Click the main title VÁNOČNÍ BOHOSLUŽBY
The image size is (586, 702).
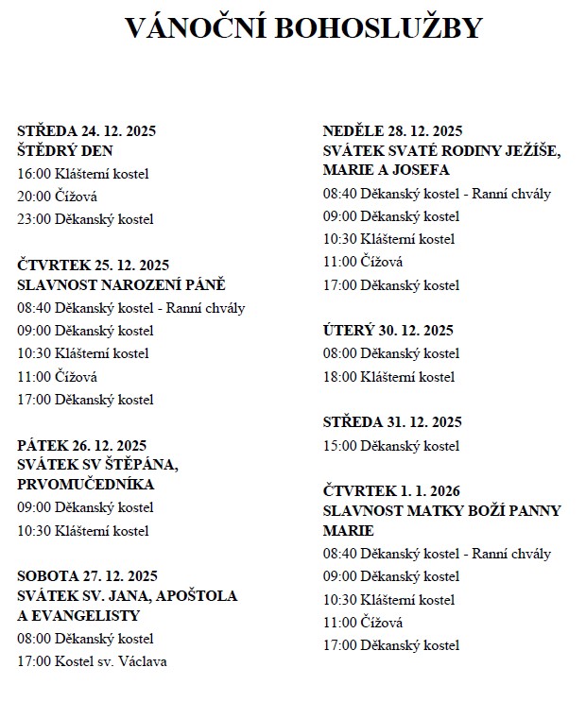pos(303,27)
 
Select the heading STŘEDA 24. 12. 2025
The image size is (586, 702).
pos(86,131)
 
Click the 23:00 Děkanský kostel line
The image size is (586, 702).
pos(85,219)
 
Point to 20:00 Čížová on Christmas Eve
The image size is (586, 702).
pos(57,197)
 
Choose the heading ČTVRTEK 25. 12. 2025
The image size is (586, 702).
pos(93,265)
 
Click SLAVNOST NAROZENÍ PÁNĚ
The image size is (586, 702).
pos(122,284)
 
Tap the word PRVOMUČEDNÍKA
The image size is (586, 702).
pos(85,484)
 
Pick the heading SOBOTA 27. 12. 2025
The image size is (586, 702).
pos(87,575)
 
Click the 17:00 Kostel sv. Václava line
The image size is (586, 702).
pos(92,661)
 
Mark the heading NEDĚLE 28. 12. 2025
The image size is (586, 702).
pos(392,131)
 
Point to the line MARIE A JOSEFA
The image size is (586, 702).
pos(386,170)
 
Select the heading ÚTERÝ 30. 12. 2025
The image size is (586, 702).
pos(388,331)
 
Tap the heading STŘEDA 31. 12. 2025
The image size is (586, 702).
pos(391,421)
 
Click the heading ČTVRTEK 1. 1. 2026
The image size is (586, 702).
pos(391,490)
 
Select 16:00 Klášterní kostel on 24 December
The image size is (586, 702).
pos(83,174)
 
